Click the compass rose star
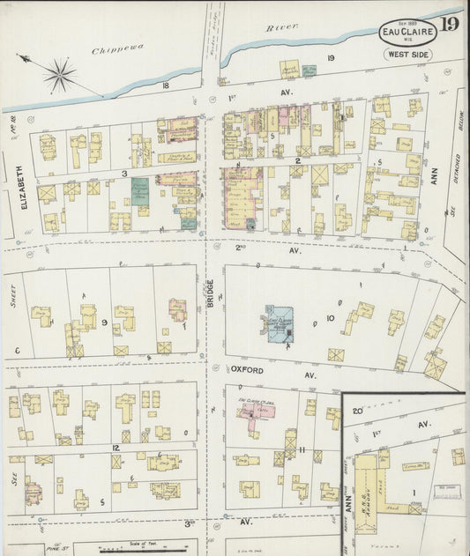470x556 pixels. pyautogui.click(x=59, y=74)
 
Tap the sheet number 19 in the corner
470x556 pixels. pyautogui.click(x=449, y=24)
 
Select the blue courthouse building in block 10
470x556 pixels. pyautogui.click(x=277, y=322)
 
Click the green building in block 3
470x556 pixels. pyautogui.click(x=139, y=191)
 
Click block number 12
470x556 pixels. pyautogui.click(x=116, y=448)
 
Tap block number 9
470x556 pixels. pyautogui.click(x=104, y=322)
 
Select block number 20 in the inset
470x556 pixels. pyautogui.click(x=358, y=410)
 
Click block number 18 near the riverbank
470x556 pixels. pyautogui.click(x=165, y=85)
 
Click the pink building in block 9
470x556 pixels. pyautogui.click(x=177, y=309)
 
